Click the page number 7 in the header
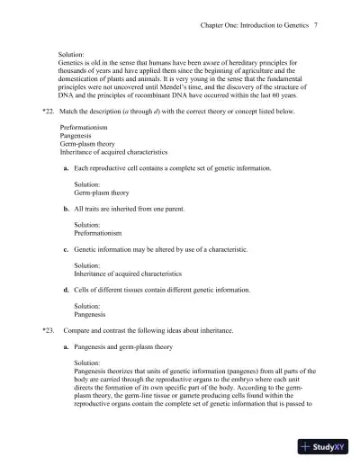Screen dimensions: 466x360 pos(316,26)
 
